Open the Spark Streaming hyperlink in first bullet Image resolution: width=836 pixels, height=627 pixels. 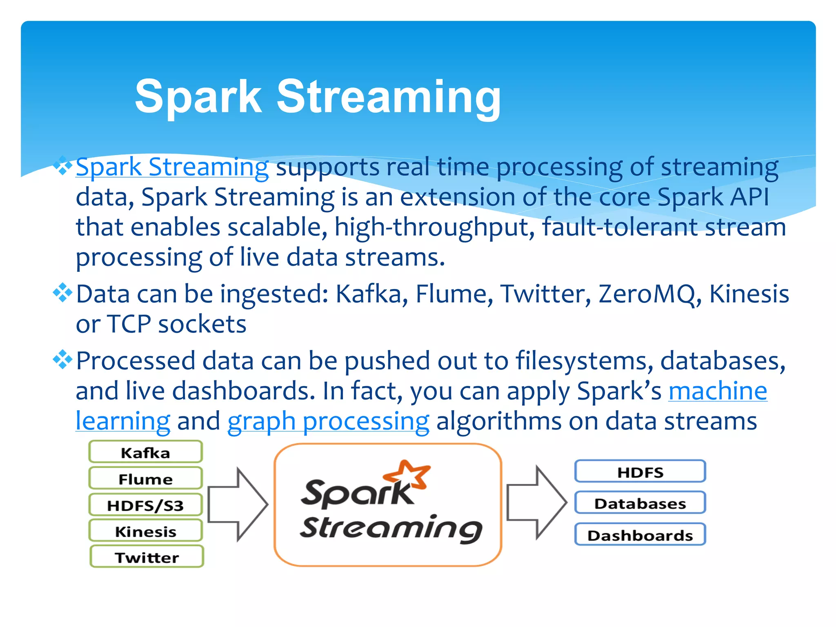coord(172,167)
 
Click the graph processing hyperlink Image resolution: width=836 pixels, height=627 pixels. coord(328,421)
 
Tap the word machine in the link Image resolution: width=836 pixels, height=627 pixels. coord(718,391)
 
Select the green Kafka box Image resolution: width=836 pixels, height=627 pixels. coord(146,452)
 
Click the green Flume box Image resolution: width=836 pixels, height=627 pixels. coord(146,478)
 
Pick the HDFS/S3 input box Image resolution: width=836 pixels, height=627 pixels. coord(146,505)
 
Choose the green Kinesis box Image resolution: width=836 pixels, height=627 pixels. coord(146,531)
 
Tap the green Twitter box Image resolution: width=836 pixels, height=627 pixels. coord(147,557)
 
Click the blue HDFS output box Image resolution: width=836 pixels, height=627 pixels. coord(640,472)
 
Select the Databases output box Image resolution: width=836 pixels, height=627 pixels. coord(640,503)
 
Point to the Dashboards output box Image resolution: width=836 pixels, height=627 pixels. coord(640,535)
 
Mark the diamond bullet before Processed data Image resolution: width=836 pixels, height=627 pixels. coord(62,360)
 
